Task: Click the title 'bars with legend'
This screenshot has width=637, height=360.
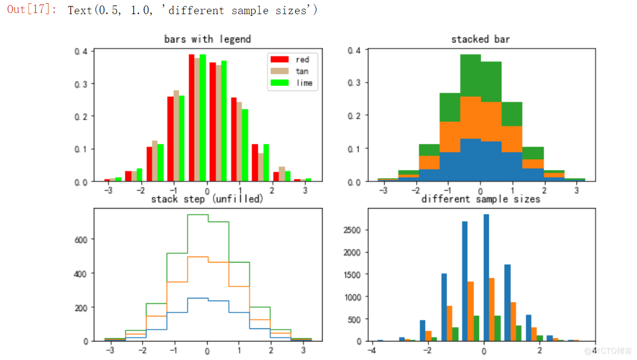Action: (208, 39)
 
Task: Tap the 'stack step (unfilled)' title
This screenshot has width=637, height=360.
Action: (207, 199)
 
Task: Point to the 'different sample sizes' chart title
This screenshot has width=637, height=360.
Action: (481, 199)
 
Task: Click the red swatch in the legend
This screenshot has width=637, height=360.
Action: (280, 59)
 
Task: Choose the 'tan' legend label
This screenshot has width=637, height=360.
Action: (302, 71)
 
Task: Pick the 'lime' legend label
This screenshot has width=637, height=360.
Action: (304, 83)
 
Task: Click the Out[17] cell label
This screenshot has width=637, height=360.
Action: (31, 10)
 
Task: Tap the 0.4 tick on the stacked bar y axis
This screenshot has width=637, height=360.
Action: (354, 50)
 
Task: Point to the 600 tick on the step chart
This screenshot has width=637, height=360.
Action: (81, 239)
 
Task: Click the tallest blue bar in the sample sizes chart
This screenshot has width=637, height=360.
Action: (486, 278)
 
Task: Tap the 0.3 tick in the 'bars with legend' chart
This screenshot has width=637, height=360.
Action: (81, 84)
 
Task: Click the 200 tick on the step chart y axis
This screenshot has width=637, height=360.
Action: (81, 308)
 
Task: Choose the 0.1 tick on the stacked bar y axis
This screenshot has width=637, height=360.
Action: (354, 149)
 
